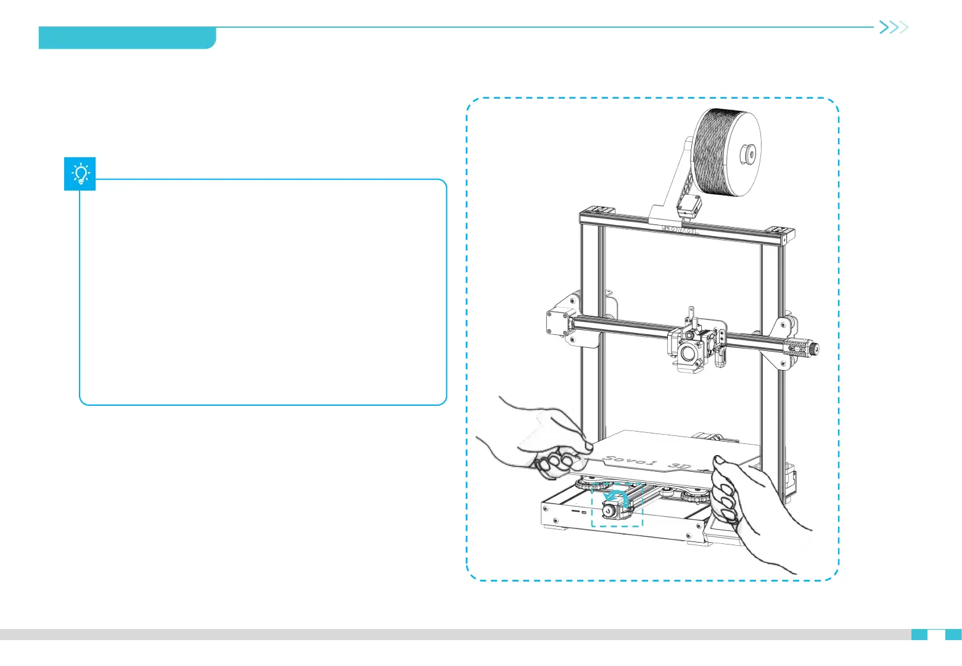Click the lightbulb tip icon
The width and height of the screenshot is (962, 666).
[x=80, y=174]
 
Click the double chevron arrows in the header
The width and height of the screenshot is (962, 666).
[x=893, y=27]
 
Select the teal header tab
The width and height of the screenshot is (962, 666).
[x=126, y=38]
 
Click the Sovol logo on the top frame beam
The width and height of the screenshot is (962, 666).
[x=679, y=229]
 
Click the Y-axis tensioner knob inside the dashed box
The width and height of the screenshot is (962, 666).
[x=608, y=510]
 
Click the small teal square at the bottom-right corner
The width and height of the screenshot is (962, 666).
[x=953, y=634]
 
